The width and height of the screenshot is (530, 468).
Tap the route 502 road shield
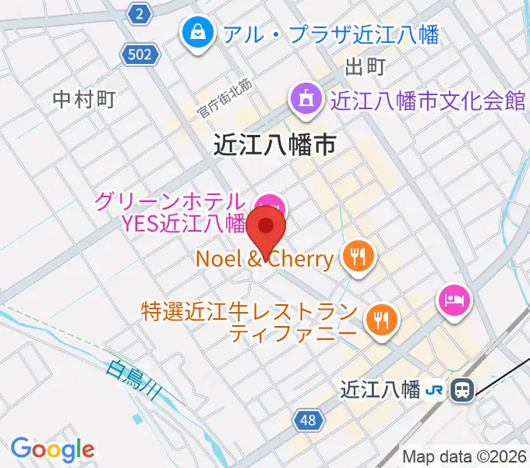coord(141,54)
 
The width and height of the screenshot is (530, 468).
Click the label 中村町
coord(84,99)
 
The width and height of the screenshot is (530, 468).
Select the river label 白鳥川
coord(133,380)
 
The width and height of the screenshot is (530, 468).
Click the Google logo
coord(52,449)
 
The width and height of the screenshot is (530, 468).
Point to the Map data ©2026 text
coord(465,456)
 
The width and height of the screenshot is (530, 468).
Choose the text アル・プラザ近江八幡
coord(330,34)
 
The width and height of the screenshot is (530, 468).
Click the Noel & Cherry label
coord(264,257)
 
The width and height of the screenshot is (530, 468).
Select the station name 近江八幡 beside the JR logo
coord(381,389)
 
